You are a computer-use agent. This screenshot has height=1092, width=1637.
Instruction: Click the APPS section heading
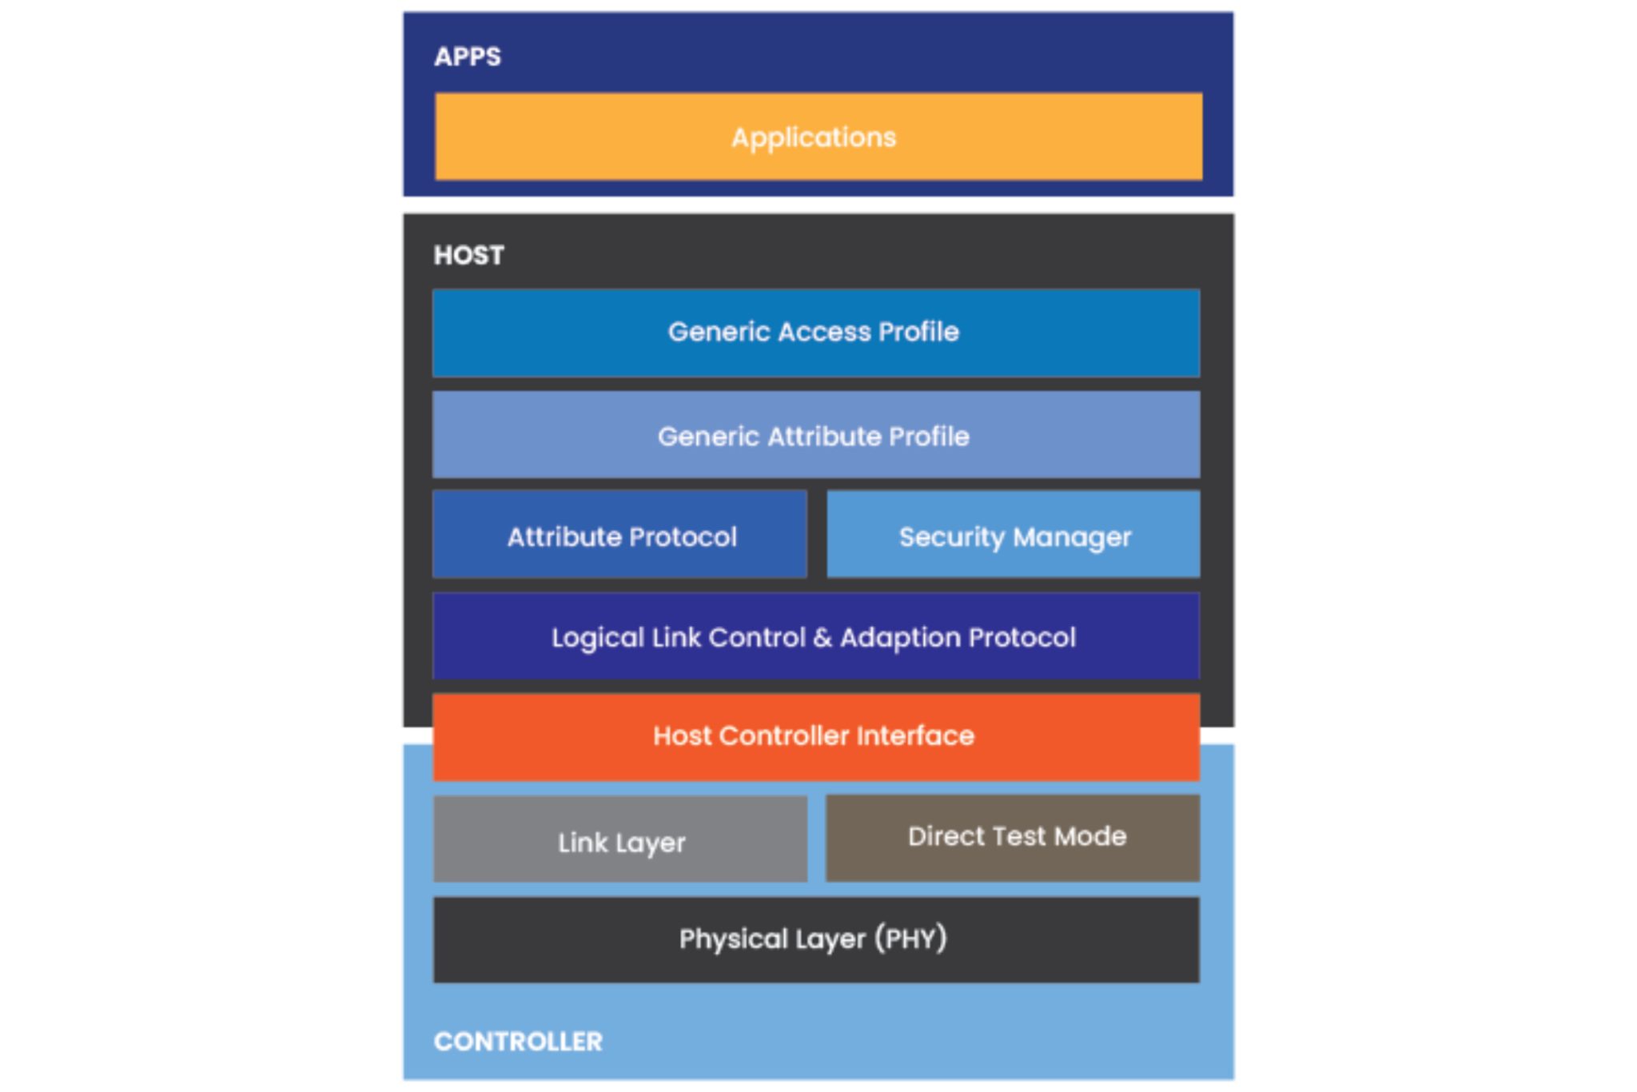click(x=468, y=57)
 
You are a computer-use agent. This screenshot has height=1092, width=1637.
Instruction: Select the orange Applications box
click(x=818, y=137)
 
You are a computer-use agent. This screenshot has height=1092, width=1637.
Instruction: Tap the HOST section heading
click(x=468, y=255)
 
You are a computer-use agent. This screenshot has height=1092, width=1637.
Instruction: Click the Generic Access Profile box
click(x=815, y=333)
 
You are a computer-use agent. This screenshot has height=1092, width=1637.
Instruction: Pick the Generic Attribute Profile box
click(x=815, y=436)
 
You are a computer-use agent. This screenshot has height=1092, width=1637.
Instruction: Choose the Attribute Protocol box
click(x=620, y=536)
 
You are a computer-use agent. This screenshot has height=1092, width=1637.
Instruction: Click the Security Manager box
click(x=1013, y=536)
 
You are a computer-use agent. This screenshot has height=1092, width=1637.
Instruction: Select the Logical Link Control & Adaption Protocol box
click(x=815, y=637)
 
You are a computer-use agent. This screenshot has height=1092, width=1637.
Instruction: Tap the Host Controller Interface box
click(x=815, y=735)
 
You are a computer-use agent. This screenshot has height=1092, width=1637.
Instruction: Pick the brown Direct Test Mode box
click(x=1013, y=838)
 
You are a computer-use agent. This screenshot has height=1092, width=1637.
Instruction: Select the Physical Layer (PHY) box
click(x=815, y=939)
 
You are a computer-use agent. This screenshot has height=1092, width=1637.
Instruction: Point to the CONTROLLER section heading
click(x=518, y=1041)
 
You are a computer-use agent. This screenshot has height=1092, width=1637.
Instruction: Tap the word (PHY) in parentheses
click(x=910, y=938)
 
